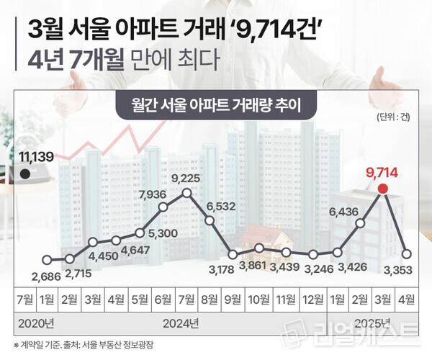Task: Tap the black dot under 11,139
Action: (25, 174)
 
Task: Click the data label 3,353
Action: (406, 269)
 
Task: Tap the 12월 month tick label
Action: (312, 297)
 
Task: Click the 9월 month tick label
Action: (232, 297)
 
